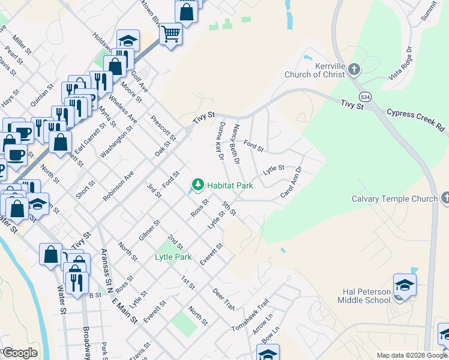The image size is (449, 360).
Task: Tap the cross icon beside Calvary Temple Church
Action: (x=445, y=197)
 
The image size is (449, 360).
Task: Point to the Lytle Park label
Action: (x=173, y=257)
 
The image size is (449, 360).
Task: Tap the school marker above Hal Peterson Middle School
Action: (x=405, y=284)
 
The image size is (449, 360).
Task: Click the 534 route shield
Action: (x=364, y=96)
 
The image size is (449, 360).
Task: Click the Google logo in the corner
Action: (x=19, y=353)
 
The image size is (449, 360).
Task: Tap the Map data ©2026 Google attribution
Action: (x=412, y=355)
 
